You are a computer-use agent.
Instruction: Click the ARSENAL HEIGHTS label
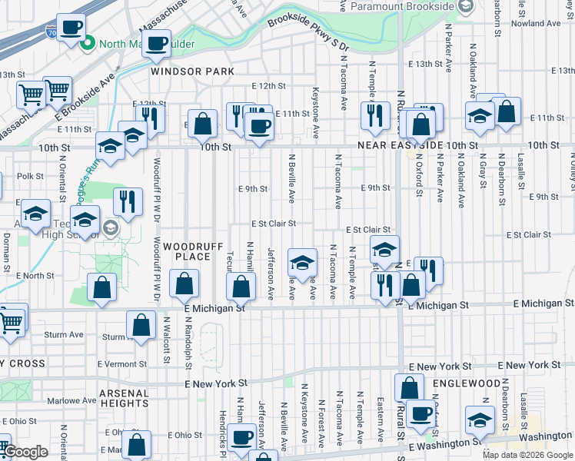[112, 397]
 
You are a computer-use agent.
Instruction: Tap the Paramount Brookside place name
[400, 6]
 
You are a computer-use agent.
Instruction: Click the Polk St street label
[30, 176]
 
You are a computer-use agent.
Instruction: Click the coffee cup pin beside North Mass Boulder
[71, 28]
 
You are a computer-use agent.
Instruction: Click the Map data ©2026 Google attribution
[528, 455]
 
